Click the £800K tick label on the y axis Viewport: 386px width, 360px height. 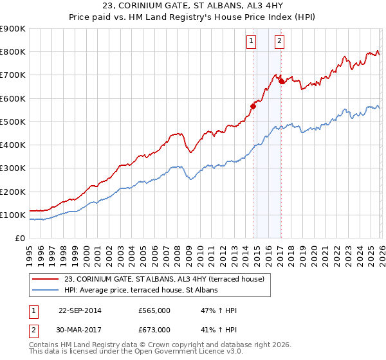click(x=13, y=52)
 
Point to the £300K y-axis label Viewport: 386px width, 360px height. click(x=13, y=168)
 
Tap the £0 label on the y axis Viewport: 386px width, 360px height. click(x=20, y=239)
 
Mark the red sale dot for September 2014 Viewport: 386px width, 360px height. click(x=253, y=107)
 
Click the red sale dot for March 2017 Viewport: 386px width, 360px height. click(x=282, y=82)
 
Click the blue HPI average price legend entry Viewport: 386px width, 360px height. click(x=141, y=291)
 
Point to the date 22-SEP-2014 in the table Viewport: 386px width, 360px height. click(x=80, y=310)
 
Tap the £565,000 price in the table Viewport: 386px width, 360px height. click(x=154, y=310)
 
